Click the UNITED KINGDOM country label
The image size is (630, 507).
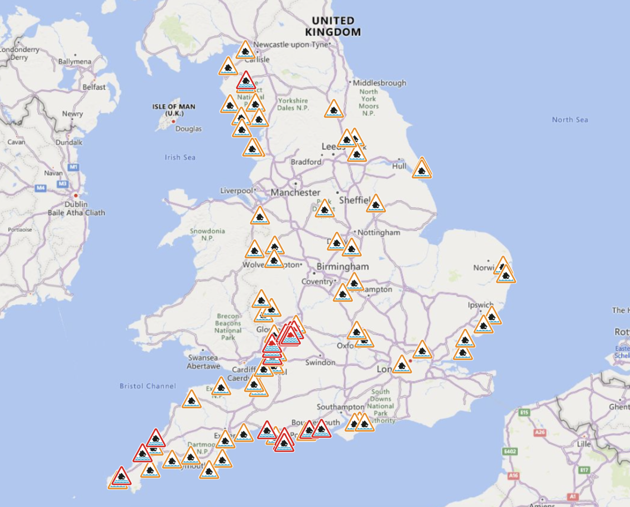coord(333,26)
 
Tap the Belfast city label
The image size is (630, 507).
coord(94,87)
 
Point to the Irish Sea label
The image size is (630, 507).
coord(180,158)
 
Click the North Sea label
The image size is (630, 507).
coord(570,120)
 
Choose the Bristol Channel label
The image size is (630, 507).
coord(148,386)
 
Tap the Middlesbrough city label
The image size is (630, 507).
coord(379,83)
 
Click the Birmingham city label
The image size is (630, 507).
coord(343,266)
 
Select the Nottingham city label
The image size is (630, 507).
coord(379,233)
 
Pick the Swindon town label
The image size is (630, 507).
coord(320,362)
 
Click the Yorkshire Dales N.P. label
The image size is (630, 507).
coord(293,104)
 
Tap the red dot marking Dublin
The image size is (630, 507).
coord(76,196)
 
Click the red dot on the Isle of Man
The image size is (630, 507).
coord(173,122)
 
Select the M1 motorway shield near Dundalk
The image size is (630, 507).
coord(73,167)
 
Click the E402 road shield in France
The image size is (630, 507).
coord(510,451)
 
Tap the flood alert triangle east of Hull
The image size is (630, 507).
coord(422,169)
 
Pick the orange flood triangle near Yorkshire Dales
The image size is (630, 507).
coord(333,109)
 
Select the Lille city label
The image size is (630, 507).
coord(584,444)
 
